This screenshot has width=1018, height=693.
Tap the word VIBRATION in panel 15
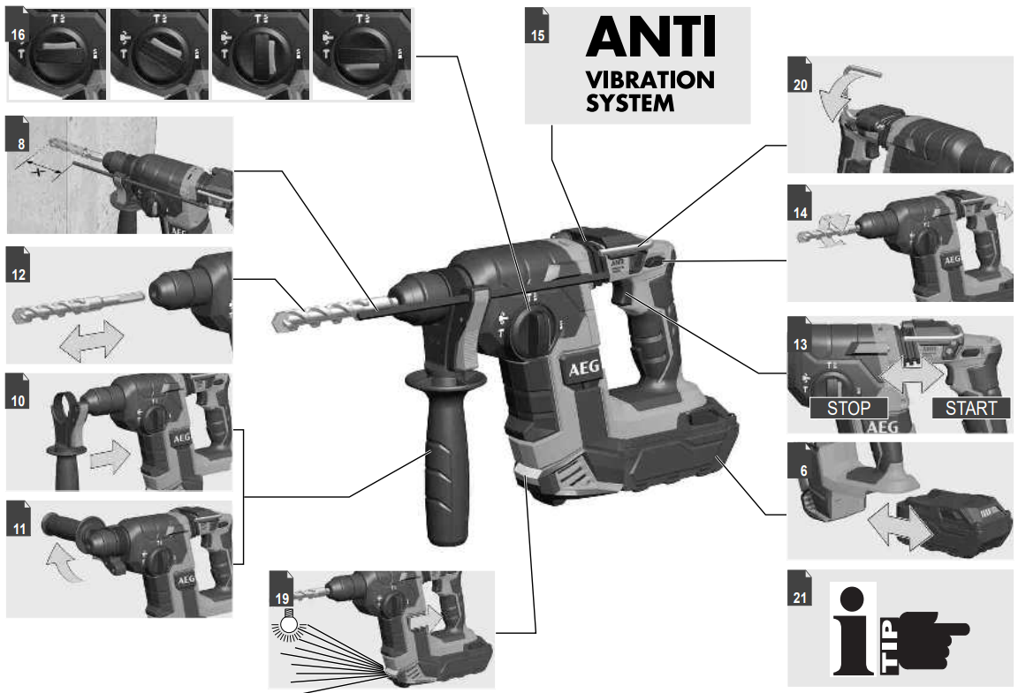pyautogui.click(x=650, y=80)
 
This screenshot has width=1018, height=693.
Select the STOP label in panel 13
pyautogui.click(x=847, y=408)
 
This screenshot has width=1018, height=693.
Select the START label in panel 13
pyautogui.click(x=970, y=408)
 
